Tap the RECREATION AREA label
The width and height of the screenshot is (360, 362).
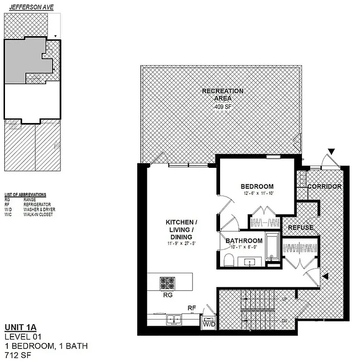point(222,95)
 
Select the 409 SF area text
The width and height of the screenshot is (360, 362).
point(222,107)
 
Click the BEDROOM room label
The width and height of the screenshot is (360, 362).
point(257,186)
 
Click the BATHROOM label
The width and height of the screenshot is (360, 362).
point(244,240)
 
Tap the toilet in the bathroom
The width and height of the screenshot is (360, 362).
point(229,259)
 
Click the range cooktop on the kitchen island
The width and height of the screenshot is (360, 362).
point(167,283)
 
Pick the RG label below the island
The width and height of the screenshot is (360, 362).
point(167,295)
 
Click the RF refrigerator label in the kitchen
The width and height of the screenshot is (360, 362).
point(192,308)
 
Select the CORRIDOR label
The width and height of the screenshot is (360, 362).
point(324,186)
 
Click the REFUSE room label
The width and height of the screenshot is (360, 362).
point(301,228)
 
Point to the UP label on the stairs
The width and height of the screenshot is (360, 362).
point(284,300)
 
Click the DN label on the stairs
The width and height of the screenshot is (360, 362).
point(284,320)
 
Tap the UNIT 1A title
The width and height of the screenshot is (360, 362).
point(21,328)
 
